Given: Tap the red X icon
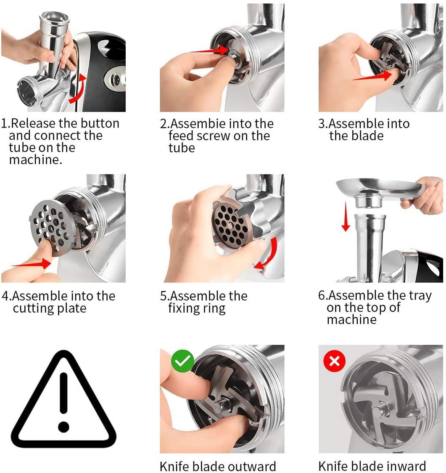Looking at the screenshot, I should click(335, 361).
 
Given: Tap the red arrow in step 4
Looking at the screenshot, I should click(29, 265).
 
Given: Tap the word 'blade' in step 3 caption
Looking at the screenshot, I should click(368, 136).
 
